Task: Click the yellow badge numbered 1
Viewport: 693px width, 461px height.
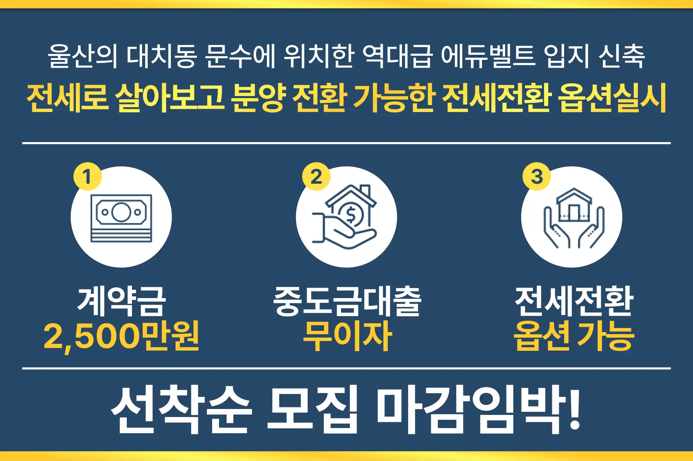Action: [x=87, y=176]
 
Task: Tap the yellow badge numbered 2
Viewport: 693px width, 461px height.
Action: [x=316, y=176]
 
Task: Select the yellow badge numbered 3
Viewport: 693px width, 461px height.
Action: [x=537, y=176]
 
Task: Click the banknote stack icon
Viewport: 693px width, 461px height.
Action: [x=121, y=218]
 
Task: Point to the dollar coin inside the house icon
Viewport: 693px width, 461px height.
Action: [x=350, y=215]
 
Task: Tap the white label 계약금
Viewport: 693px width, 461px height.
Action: [x=121, y=301]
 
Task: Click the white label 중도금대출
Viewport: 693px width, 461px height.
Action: [x=347, y=301]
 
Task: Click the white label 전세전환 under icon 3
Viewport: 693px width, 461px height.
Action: [x=574, y=301]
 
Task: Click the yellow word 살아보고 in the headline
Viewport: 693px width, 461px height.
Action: [x=170, y=98]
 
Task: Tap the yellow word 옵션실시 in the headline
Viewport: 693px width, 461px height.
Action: [x=613, y=98]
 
